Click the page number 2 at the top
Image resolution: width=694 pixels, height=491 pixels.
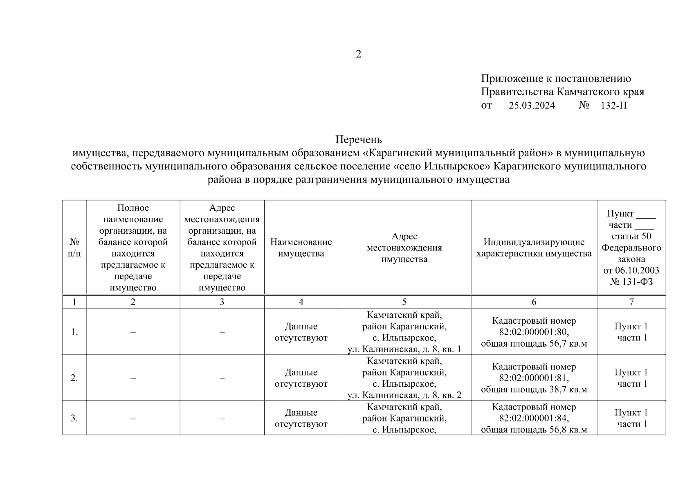pos(358,54)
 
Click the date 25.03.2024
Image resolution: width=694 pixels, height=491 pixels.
pos(532,106)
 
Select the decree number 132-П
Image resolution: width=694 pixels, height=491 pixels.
pos(613,106)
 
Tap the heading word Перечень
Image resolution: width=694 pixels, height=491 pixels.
pos(359,140)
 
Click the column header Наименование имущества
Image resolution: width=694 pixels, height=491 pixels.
pos(301,248)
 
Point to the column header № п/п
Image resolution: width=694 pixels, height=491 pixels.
pos(74,248)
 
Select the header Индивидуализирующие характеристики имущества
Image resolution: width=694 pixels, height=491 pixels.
pos(534,248)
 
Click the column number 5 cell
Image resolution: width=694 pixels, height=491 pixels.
pos(404,302)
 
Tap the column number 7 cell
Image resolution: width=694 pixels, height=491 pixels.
pos(631,302)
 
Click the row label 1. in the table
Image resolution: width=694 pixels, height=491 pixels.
pos(74,332)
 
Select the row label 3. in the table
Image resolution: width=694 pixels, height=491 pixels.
pos(74,418)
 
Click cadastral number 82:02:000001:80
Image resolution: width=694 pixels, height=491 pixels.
pos(534,332)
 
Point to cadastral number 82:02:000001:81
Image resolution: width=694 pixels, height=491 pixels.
pos(534,378)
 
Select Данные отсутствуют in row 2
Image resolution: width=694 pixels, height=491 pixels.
pos(301,378)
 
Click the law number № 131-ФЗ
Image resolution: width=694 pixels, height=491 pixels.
pos(631,282)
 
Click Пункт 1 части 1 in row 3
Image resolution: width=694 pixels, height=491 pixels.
pos(631,418)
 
